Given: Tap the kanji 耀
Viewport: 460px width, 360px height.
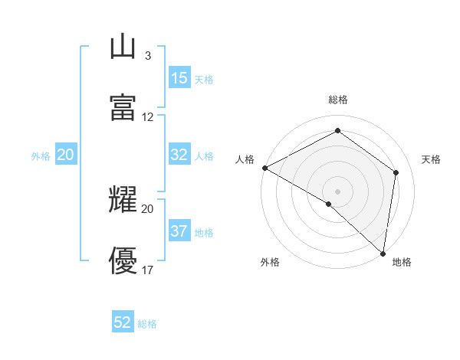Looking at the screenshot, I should (123, 200).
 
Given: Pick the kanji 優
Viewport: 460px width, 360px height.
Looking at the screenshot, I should (123, 261).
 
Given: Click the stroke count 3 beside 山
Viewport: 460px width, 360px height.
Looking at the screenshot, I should (147, 56).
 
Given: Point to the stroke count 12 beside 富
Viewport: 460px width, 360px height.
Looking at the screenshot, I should (148, 117).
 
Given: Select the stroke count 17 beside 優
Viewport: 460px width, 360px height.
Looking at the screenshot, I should (148, 270).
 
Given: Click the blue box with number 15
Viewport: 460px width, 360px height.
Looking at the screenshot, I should (179, 78).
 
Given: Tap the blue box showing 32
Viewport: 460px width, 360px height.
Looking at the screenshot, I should (179, 155).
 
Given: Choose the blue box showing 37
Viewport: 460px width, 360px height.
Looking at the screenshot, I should (179, 231).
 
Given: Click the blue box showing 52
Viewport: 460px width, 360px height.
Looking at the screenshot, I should (123, 322).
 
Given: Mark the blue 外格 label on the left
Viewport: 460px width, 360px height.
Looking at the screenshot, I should (41, 155).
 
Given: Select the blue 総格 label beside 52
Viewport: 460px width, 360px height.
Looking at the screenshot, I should (147, 324).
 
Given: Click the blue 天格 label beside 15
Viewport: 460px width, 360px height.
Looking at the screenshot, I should (204, 80).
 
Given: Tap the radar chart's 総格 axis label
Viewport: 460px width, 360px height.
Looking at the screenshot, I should (338, 100).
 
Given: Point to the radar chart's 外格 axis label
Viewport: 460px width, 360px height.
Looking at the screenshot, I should (270, 262).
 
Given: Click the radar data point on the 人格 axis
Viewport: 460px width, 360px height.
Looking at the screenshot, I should (264, 168).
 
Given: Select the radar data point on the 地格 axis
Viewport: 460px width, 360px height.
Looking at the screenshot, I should (382, 252).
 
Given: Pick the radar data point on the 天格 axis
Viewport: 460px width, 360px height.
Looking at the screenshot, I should (396, 172).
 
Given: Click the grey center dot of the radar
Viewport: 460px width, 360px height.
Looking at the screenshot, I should (337, 191).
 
